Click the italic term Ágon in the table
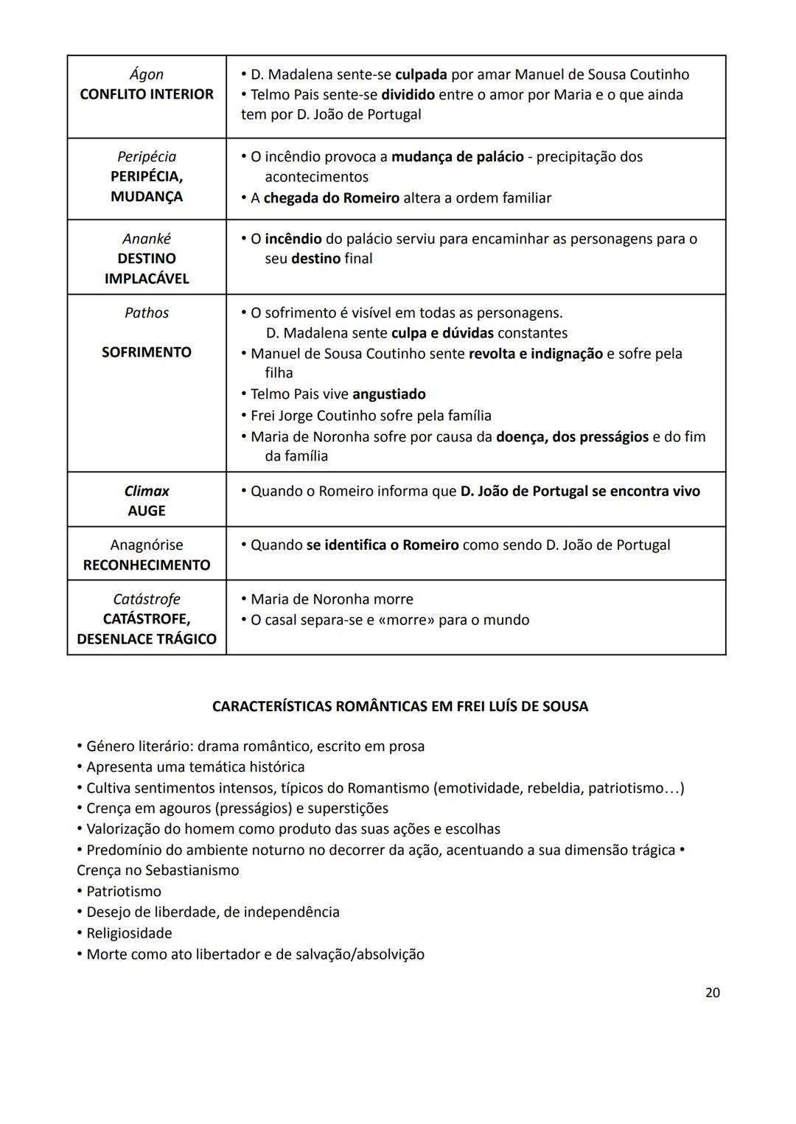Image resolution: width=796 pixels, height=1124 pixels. [x=146, y=74]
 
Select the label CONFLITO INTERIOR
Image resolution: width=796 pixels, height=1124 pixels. [x=146, y=94]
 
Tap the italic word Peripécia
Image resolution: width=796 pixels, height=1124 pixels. [x=146, y=157]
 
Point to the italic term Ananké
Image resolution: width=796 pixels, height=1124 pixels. [x=146, y=239]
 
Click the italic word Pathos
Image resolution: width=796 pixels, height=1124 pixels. [x=146, y=313]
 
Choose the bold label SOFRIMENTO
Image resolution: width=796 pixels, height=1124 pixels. [x=146, y=352]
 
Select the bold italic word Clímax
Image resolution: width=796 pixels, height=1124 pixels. [x=146, y=491]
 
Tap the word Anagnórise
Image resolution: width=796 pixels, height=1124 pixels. [x=146, y=545]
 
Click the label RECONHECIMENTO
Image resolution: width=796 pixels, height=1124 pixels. [x=146, y=565]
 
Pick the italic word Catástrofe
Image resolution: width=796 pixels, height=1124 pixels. [x=146, y=599]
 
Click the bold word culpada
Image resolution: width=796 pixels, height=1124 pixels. [x=421, y=74]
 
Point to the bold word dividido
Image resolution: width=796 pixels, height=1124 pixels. [x=408, y=95]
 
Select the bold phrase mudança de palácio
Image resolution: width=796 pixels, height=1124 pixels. [x=457, y=157]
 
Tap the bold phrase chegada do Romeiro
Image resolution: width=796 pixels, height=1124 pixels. [x=331, y=198]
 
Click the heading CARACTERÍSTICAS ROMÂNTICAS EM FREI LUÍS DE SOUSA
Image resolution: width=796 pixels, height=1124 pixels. [x=399, y=706]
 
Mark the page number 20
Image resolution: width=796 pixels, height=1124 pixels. [x=712, y=993]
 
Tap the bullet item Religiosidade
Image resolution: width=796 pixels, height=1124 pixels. [x=129, y=933]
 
